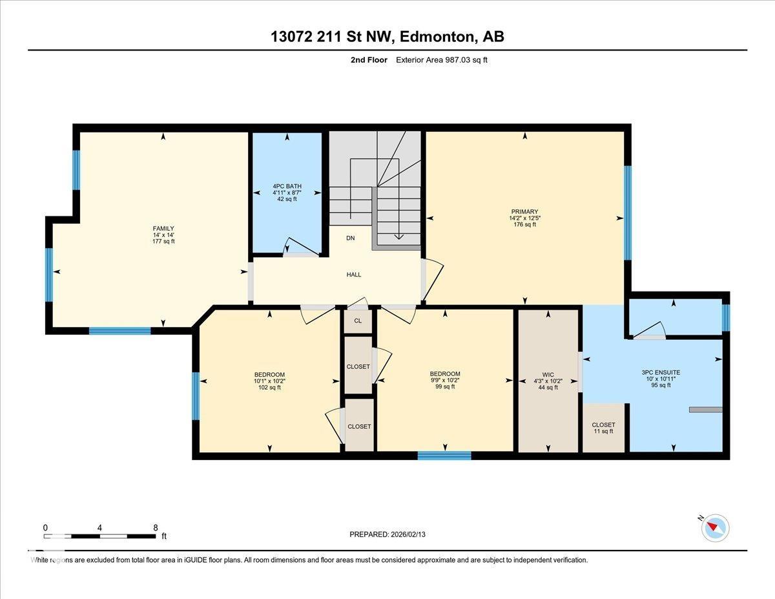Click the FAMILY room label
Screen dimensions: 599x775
(163, 229)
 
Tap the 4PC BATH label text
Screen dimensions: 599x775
(287, 186)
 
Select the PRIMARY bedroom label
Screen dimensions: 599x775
(524, 212)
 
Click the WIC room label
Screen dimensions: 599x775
(548, 374)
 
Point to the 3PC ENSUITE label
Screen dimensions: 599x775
(661, 372)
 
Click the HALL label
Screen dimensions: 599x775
(354, 275)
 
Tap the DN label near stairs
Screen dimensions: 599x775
(350, 238)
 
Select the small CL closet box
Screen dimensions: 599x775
(358, 321)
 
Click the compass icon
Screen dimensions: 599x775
(715, 527)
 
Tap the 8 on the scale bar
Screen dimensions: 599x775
(156, 527)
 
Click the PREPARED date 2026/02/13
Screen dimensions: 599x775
(388, 534)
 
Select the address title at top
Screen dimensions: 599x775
(387, 37)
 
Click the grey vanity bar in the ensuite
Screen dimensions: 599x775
(705, 409)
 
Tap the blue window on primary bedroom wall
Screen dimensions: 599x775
(627, 213)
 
